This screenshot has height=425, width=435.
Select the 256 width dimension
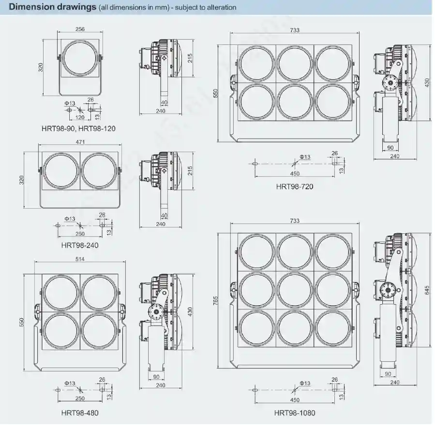click(80, 29)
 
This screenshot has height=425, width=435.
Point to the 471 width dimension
click(80, 142)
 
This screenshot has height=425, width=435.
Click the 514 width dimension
click(80, 259)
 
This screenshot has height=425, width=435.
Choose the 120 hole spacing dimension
click(80, 117)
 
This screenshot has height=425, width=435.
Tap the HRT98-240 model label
click(80, 245)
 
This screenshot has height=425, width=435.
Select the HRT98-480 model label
click(80, 412)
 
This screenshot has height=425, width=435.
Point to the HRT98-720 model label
click(294, 186)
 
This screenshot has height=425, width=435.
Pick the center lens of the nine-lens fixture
click(295, 292)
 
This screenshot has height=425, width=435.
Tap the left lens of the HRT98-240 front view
click(60, 171)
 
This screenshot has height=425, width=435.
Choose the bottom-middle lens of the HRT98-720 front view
click(295, 101)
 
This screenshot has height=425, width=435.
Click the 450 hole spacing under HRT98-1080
click(295, 400)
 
